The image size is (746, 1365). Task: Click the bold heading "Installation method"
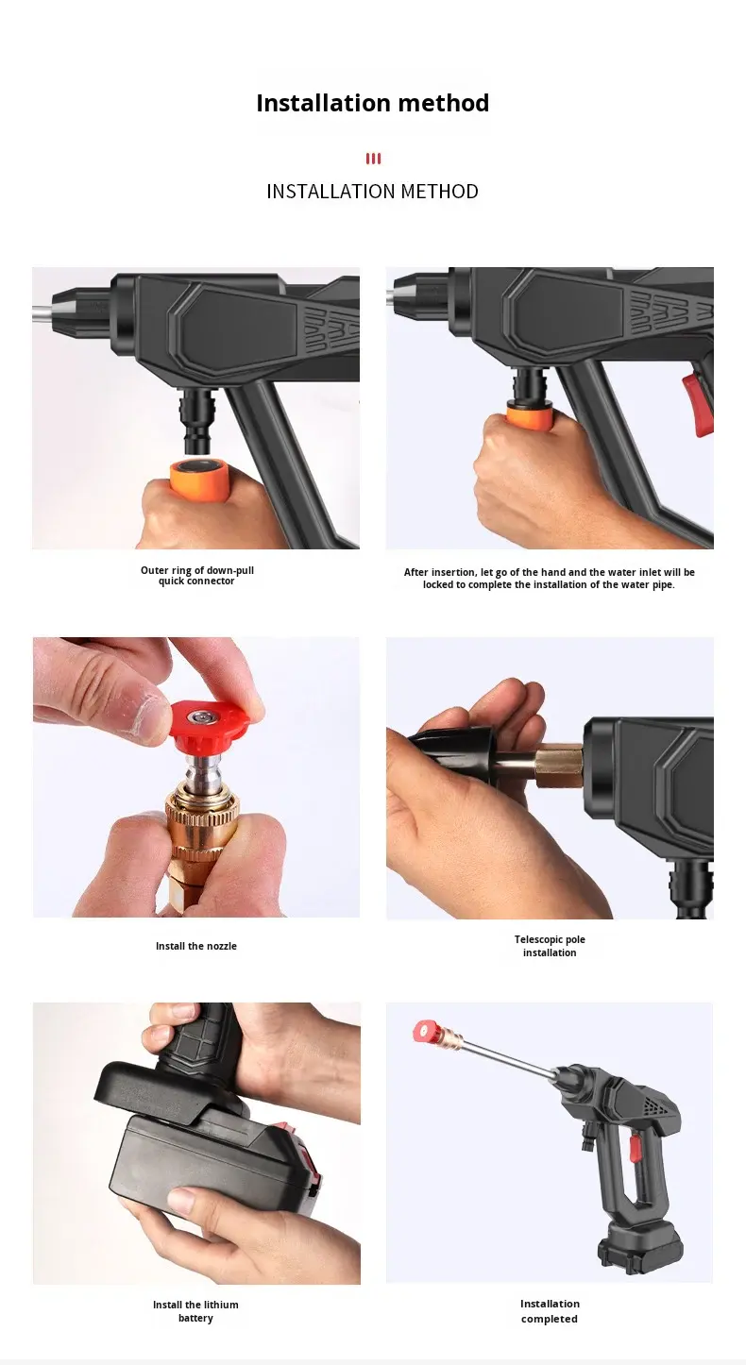click(x=372, y=103)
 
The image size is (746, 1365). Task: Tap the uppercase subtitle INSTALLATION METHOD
click(x=372, y=192)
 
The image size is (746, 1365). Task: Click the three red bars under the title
click(x=373, y=159)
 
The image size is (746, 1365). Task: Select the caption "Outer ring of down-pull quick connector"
click(x=196, y=575)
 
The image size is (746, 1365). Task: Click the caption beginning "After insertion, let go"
click(x=550, y=579)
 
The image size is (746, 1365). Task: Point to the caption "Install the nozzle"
click(x=196, y=946)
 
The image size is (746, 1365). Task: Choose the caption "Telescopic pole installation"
click(x=550, y=946)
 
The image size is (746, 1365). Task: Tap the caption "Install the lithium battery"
click(x=195, y=1311)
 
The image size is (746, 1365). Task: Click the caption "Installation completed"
click(x=550, y=1311)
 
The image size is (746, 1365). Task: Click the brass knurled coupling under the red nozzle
click(x=202, y=818)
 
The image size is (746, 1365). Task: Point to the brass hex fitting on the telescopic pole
click(x=558, y=766)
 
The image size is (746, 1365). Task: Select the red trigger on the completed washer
click(x=635, y=1148)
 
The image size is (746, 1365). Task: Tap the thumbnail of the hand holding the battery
click(x=196, y=1143)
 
